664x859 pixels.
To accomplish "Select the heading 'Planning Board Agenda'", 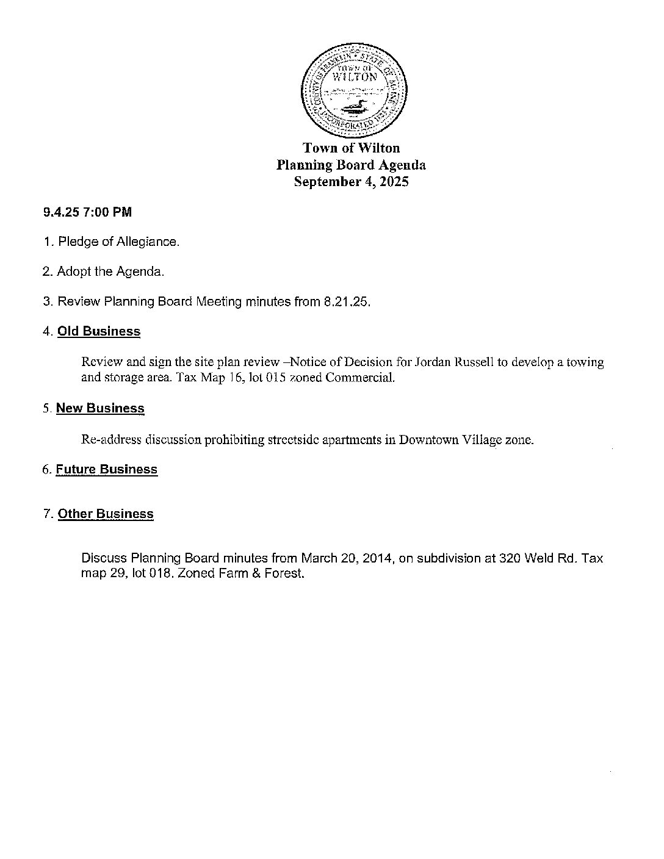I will pos(351,165).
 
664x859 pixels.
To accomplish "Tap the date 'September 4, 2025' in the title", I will pos(351,182).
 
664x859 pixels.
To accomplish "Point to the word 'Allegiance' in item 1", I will pos(148,242).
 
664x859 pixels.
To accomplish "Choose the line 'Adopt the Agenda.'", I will pos(110,271).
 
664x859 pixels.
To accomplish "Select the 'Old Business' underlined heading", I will pos(99,331).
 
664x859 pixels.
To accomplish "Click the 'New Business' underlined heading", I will pos(100,408).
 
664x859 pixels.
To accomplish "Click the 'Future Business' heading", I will pos(107,469).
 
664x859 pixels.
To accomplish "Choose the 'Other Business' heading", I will pos(106,514).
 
